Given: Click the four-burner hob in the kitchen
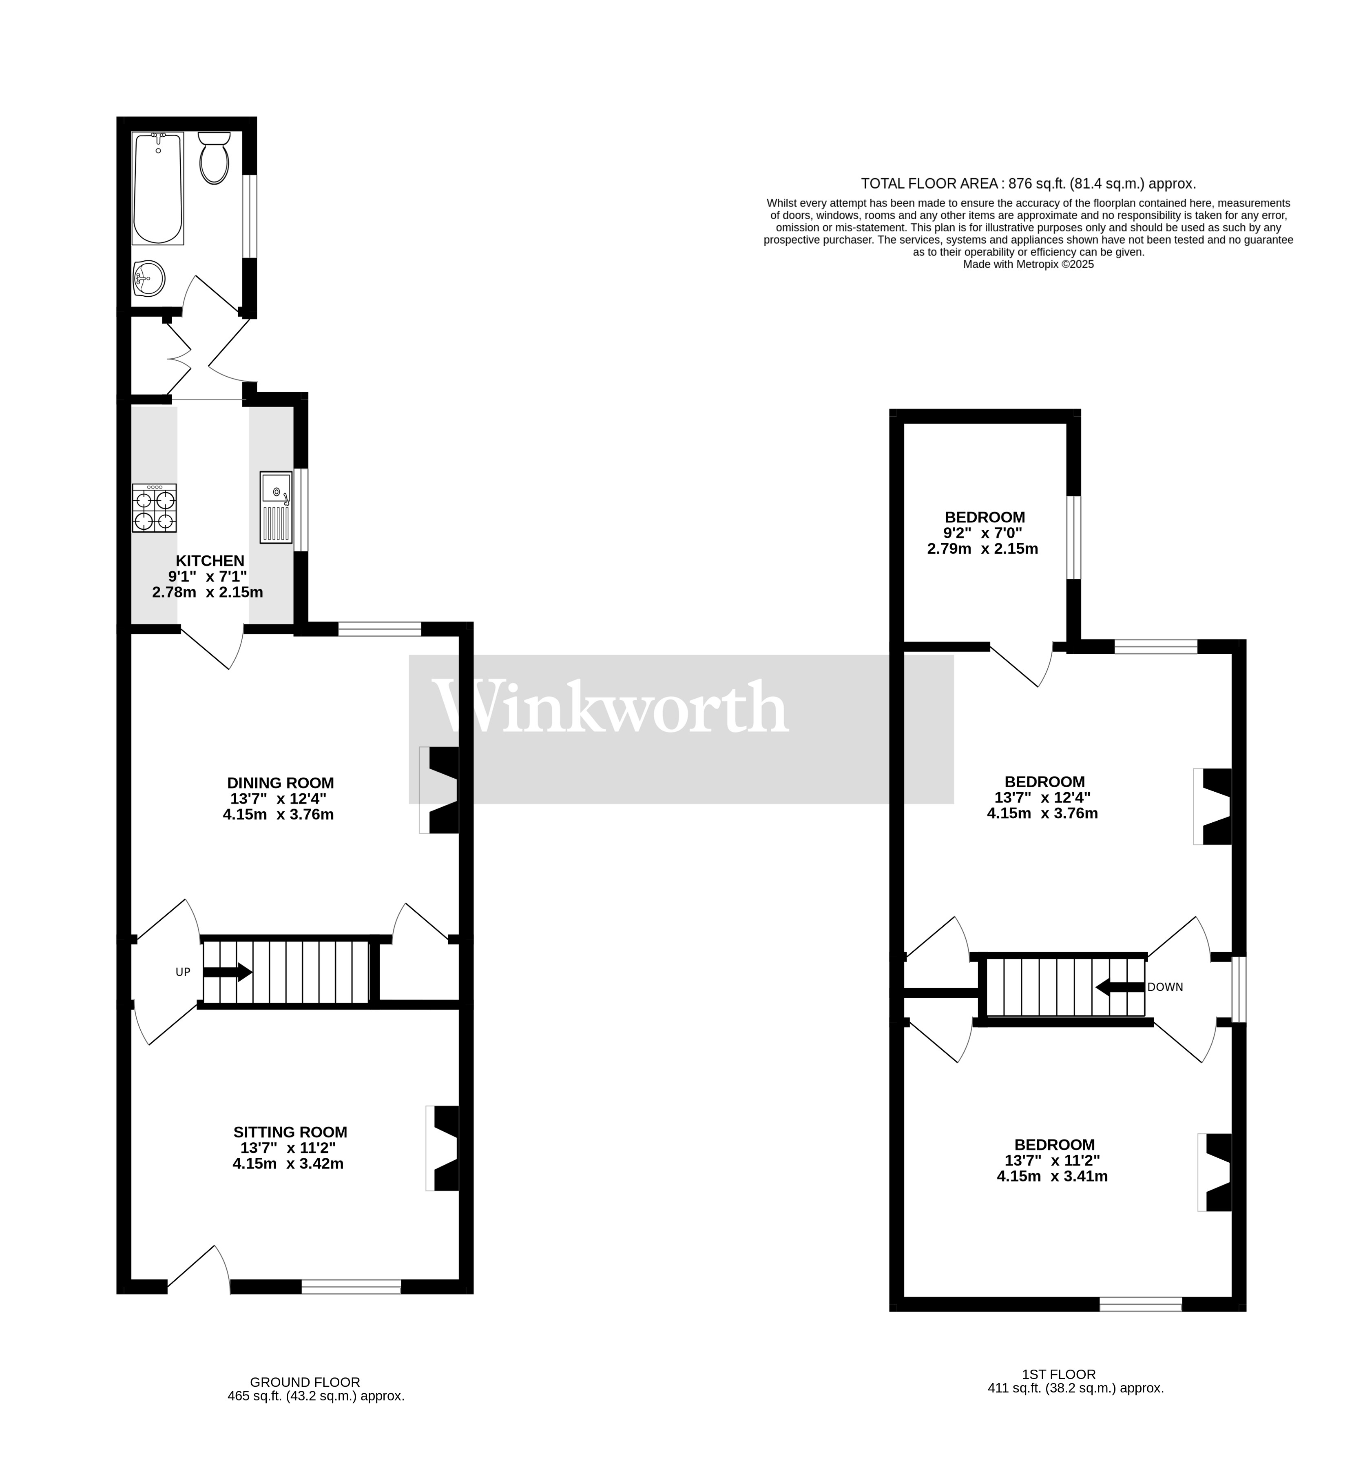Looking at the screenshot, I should (x=154, y=508).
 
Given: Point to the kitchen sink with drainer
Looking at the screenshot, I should (x=276, y=507).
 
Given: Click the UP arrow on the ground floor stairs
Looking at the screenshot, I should (x=228, y=973).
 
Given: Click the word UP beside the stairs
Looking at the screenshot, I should (x=183, y=973).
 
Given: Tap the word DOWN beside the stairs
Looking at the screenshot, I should (x=1165, y=987).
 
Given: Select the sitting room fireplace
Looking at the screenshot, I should (x=444, y=1148).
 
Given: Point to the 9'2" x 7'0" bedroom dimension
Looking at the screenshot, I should (x=982, y=533).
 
